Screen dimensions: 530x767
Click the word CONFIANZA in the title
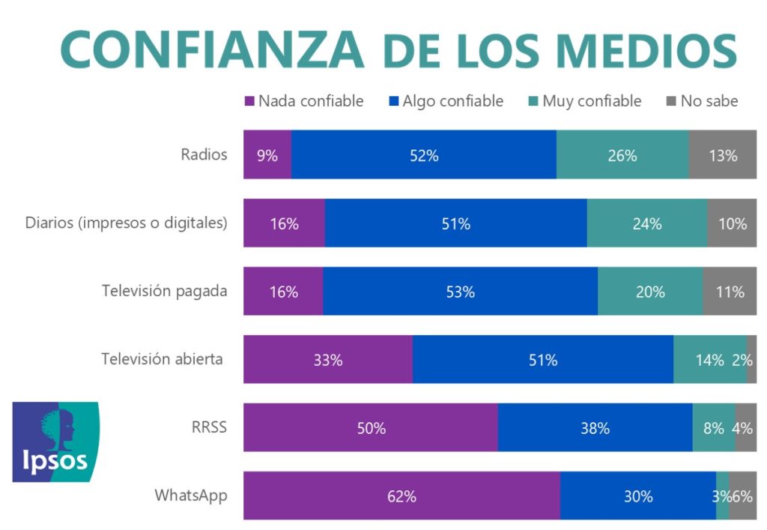211,49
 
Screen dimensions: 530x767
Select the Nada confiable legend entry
304,101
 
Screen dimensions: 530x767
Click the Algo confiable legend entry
446,101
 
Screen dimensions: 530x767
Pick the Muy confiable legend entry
585,101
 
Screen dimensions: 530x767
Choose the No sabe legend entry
702,101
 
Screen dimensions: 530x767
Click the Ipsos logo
55,442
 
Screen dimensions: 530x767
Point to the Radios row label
204,155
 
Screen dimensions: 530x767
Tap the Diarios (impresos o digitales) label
126,223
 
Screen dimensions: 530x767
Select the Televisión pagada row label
164,291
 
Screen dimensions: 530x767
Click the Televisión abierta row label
162,359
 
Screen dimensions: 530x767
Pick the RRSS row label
209,427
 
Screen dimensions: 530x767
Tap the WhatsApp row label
190,496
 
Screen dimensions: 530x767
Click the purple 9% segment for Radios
267,155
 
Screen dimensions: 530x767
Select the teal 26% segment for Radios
622,155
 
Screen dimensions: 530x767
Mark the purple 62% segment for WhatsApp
401,496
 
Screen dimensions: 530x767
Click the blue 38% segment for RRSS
595,427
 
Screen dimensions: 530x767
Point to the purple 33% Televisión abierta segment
328,359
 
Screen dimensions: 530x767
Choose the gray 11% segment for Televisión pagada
730,291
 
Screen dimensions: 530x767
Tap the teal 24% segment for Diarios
646,223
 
